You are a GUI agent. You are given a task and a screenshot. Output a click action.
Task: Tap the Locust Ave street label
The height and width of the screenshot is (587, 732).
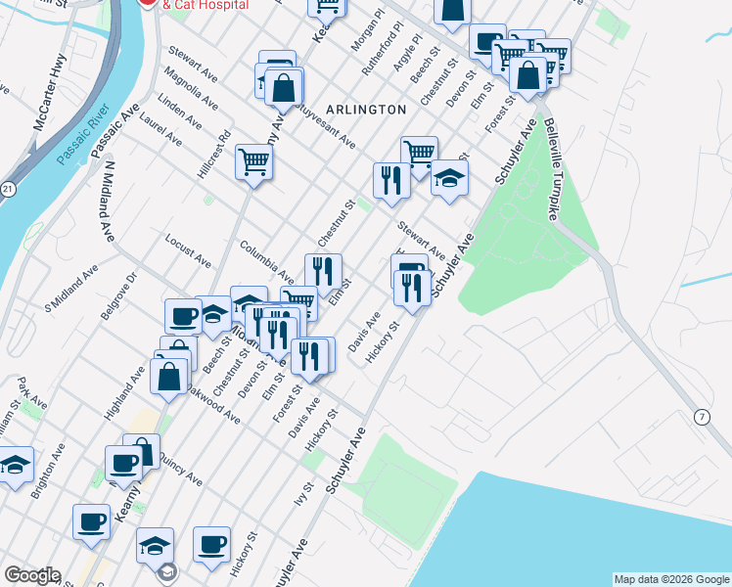coord(188,250)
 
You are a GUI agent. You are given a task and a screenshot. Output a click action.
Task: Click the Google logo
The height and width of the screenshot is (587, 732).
coord(31,575)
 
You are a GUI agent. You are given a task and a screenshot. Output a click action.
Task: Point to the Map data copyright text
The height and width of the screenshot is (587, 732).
coord(670,579)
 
